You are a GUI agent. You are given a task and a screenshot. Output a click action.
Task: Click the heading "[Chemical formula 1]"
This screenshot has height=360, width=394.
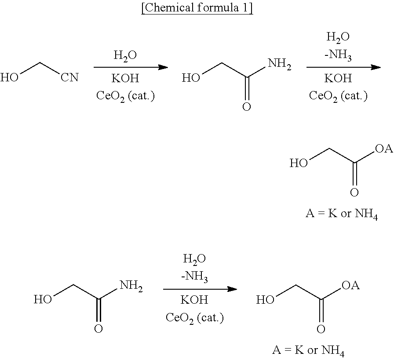coord(197,8)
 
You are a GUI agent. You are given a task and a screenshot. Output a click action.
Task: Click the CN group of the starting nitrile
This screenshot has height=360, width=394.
coord(69,77)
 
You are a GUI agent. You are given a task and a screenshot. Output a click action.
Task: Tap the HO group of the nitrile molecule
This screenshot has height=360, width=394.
coord(10,77)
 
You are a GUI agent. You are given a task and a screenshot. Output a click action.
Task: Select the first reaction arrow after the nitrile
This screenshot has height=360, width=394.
coord(131,67)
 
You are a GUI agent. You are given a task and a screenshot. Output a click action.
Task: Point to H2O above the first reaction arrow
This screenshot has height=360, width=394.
coord(125,55)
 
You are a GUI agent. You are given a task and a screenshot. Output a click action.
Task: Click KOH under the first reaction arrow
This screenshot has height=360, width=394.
coord(125,78)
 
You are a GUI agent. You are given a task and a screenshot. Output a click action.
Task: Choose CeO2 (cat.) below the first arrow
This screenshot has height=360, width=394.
coord(125,96)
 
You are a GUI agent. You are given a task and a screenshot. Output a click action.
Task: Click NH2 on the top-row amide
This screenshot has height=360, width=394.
coord(279,64)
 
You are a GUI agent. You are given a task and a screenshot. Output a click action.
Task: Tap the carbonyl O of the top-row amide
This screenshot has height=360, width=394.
coord(247,107)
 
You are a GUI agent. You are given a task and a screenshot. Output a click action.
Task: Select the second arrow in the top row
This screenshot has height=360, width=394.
coord(343,67)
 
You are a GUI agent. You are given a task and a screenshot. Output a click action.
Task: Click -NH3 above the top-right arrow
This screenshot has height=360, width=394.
coord(338,55)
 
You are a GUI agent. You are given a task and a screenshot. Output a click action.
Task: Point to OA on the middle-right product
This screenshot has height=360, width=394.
coord(384,149)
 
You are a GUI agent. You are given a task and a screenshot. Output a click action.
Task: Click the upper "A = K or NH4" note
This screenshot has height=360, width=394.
coord(342,214)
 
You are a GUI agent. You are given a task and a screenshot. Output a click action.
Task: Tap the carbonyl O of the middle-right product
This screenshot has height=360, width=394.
coord(354,193)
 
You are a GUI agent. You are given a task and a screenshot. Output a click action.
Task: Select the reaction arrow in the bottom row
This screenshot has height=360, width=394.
coord(200,289)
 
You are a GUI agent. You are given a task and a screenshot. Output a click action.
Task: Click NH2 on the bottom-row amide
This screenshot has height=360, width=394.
coord(131,286)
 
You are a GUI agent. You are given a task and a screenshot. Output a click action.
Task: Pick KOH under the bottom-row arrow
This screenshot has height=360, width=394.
coord(194,300)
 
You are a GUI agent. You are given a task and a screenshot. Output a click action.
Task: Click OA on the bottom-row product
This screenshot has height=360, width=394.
coord(350,285)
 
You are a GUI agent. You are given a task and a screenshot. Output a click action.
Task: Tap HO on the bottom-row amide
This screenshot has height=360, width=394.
coord(43,299)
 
